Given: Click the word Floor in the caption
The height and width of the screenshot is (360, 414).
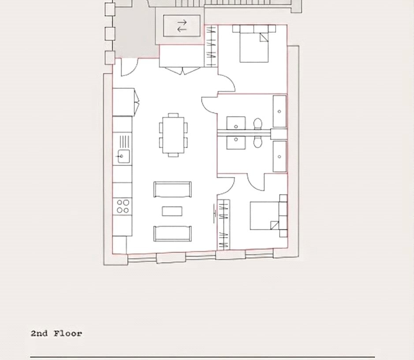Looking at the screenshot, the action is coord(68,334).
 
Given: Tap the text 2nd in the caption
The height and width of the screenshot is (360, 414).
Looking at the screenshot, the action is coord(39,334).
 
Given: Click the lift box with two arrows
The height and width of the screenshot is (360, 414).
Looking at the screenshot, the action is coord(182,26).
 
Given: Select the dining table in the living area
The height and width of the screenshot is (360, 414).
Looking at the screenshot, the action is coord(173,135).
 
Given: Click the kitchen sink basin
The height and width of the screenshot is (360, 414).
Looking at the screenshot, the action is coord(123,156).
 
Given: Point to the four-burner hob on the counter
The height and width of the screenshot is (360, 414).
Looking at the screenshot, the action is coord(123,206).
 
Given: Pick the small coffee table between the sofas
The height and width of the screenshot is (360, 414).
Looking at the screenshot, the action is coord(172,211).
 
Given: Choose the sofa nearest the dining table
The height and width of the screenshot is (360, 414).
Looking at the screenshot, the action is coord(172,189).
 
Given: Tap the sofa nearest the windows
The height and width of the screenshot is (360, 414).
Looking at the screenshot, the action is coord(172,233).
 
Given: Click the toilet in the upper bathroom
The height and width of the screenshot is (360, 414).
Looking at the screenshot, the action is coord(257,124).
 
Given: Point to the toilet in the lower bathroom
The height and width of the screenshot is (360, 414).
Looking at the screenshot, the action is coord(257,142).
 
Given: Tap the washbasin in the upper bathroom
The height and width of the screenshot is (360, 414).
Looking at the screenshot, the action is coord(236,123).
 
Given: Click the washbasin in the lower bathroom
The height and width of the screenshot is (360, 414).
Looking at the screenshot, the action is coord(236,142).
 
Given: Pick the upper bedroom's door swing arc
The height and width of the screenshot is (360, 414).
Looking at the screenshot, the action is coord(229,81).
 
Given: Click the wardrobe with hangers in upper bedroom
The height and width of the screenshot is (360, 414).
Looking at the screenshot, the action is coord(211,46).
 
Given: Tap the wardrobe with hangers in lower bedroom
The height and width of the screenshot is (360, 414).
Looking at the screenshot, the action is coord(224,225).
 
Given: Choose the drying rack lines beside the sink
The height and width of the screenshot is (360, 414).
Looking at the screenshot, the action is coord(125,142).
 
